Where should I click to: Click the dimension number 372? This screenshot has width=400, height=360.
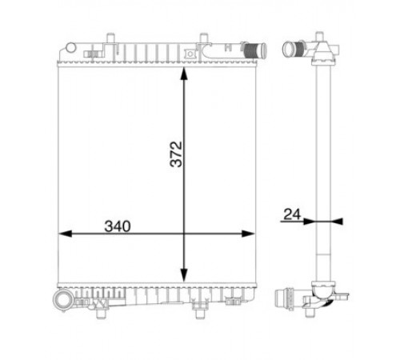(176, 154)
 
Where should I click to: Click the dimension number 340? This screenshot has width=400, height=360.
(118, 226)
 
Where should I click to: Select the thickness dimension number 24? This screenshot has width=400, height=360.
(292, 214)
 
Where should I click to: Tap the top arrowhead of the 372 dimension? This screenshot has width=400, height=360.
(184, 74)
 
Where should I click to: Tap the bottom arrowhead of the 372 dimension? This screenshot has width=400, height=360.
(184, 275)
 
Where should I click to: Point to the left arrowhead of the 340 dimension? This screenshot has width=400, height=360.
(65, 234)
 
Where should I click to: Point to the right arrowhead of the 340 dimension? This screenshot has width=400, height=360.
(248, 234)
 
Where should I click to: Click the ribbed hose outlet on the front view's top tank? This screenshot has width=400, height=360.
(254, 50)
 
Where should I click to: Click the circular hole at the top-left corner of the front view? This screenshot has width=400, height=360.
(71, 48)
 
